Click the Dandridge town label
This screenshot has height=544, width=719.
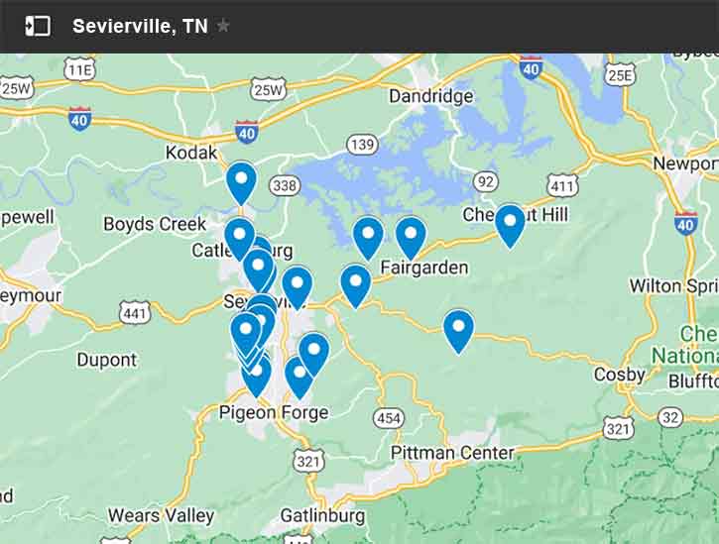click(x=430, y=96)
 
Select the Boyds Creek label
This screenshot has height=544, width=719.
click(x=155, y=224)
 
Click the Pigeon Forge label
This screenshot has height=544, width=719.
click(x=273, y=412)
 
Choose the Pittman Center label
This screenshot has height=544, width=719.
click(x=452, y=453)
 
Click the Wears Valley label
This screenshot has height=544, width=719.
click(x=161, y=515)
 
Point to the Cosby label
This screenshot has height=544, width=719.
click(x=619, y=375)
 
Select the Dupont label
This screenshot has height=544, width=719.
click(x=106, y=360)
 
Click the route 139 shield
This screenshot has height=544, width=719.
click(x=363, y=146)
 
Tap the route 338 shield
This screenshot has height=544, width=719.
click(x=284, y=185)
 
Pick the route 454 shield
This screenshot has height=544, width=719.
click(x=389, y=418)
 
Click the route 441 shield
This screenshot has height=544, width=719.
click(x=135, y=313)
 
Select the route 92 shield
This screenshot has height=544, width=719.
click(x=485, y=181)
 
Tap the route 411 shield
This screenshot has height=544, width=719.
click(x=562, y=184)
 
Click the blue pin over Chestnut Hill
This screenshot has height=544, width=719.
click(x=510, y=224)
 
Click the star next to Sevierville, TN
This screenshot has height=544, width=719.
click(x=223, y=26)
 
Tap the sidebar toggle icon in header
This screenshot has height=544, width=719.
click(x=38, y=26)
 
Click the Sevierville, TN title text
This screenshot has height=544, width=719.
click(x=140, y=27)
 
